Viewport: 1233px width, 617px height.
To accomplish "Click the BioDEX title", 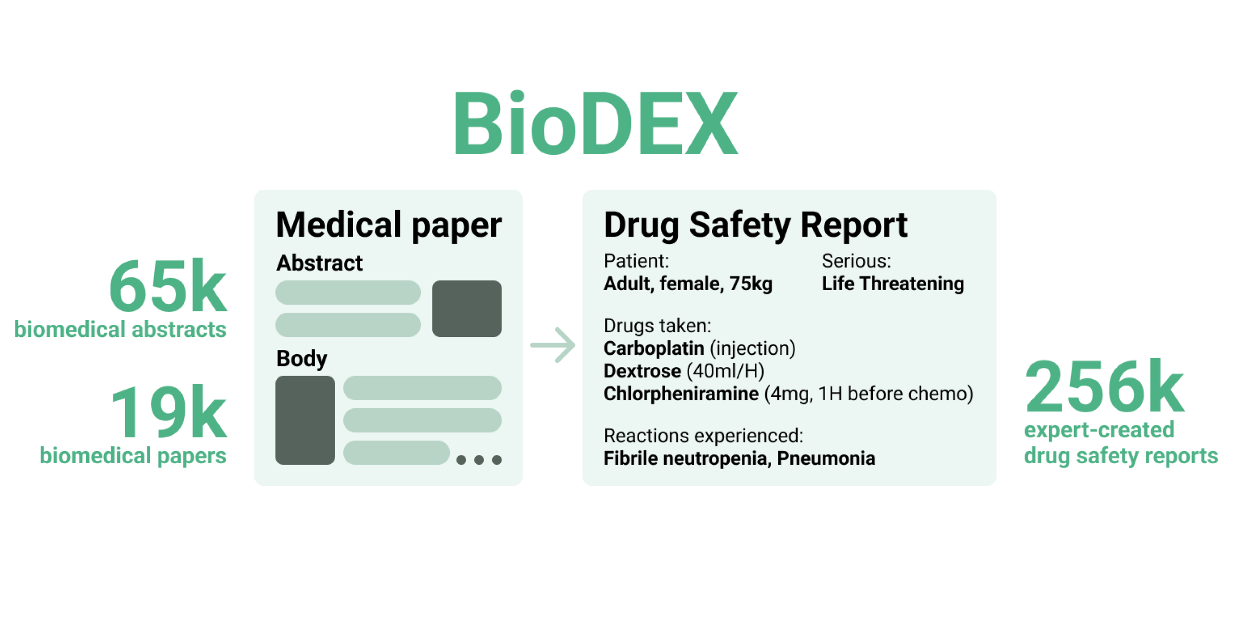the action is coord(596,123).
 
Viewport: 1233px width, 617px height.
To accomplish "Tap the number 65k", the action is coord(168,285).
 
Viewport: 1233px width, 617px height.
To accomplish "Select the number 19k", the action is coord(169,411).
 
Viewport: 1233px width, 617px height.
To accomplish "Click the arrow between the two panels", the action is coord(552,345).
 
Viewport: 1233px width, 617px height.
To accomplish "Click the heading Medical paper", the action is coord(389,225).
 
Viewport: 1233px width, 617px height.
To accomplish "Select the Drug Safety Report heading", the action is coord(756,225).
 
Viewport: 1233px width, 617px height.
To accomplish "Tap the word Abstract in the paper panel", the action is coord(319,263).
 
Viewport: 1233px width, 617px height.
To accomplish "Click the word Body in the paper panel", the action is coord(302,359).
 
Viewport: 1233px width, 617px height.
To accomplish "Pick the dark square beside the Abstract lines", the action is coord(467,308).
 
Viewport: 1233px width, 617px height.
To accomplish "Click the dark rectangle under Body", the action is coord(305,420).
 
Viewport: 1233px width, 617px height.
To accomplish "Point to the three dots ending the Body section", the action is coord(479,460).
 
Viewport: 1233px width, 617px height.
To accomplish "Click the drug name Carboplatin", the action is coord(654,348).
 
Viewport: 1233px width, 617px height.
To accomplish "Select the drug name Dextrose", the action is coord(643,371).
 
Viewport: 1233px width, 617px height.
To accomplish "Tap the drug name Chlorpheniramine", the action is coord(681,393).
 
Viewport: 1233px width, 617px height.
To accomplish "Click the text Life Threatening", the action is coord(892,283).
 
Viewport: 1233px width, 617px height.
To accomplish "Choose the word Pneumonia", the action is coord(826,458).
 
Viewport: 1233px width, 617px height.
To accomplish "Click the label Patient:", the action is coord(636,261).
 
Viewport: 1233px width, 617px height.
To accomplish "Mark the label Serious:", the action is coord(856,261).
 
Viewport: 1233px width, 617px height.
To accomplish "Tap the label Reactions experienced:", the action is coord(703,436).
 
